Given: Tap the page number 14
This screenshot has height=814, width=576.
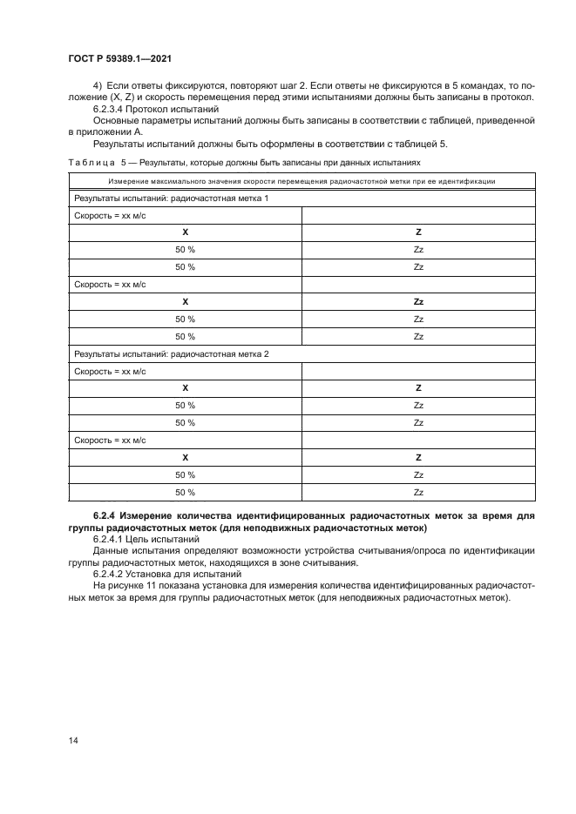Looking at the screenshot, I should pyautogui.click(x=72, y=740).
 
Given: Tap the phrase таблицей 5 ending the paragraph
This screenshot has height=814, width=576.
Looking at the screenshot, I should pyautogui.click(x=424, y=143).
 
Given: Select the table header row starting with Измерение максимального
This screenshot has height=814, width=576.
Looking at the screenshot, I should pyautogui.click(x=302, y=182).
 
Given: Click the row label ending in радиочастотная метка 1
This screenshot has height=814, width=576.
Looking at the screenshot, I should pyautogui.click(x=171, y=198).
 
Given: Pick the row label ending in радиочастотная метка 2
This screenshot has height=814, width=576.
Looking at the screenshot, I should pyautogui.click(x=171, y=354).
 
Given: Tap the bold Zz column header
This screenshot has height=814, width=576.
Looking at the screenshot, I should pyautogui.click(x=418, y=301).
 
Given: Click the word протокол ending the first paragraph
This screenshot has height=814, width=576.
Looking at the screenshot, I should pyautogui.click(x=512, y=98).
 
